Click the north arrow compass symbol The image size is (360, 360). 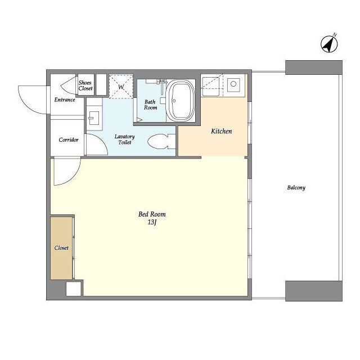tap(329, 44)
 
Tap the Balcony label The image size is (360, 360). tap(296, 187)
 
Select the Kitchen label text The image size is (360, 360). tap(221, 131)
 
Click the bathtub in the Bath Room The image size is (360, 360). tap(181, 101)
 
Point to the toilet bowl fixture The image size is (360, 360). tap(161, 142)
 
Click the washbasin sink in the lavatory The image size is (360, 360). tap(94, 118)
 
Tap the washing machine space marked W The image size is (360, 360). tap(121, 87)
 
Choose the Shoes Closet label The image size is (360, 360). tap(85, 85)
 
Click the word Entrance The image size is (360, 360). tap(65, 100)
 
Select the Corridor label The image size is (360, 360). tap(69, 139)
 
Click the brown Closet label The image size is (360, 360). tap(61, 247)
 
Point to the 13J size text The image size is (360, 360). tap(152, 222)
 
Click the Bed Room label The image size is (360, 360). tap(152, 214)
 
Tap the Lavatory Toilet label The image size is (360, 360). tap(124, 139)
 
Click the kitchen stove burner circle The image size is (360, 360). tap(233, 84)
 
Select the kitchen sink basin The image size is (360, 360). tap(210, 87)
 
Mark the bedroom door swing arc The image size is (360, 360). tap(71, 177)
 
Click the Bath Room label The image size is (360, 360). tap(150, 105)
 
